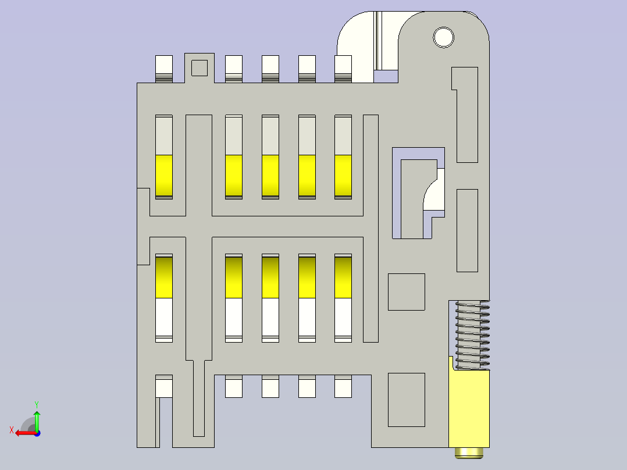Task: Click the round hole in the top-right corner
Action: pyautogui.click(x=443, y=38)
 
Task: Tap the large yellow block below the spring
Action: pyautogui.click(x=469, y=408)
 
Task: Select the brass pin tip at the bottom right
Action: pyautogui.click(x=469, y=453)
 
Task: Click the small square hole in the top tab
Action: pyautogui.click(x=199, y=68)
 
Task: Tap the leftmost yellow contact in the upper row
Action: pyautogui.click(x=164, y=176)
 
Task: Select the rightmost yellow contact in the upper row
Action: pyautogui.click(x=343, y=176)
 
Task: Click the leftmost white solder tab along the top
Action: pyautogui.click(x=164, y=69)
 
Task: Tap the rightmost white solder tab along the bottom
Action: pyautogui.click(x=343, y=386)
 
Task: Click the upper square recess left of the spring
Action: pyautogui.click(x=406, y=292)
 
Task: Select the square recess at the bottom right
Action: pyautogui.click(x=406, y=400)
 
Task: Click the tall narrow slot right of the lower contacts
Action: pyautogui.click(x=370, y=229)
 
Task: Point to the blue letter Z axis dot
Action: pyautogui.click(x=37, y=433)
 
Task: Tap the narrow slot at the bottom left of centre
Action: pyautogui.click(x=199, y=398)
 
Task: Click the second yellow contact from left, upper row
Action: pyautogui.click(x=234, y=176)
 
